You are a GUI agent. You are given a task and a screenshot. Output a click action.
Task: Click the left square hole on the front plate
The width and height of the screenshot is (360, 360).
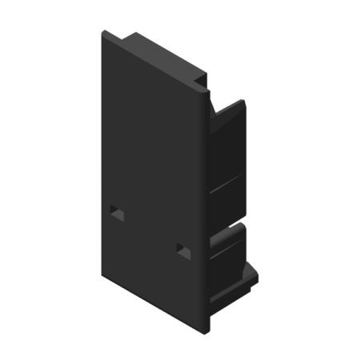pos(117,213)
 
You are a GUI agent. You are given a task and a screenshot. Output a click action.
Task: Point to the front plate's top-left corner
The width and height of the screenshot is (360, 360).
pos(103,32)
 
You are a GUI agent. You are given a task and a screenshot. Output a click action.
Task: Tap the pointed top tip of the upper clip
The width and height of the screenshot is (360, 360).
pos(241,102)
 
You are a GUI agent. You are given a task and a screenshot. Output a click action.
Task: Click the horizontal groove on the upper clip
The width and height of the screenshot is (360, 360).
pos(228,186)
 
